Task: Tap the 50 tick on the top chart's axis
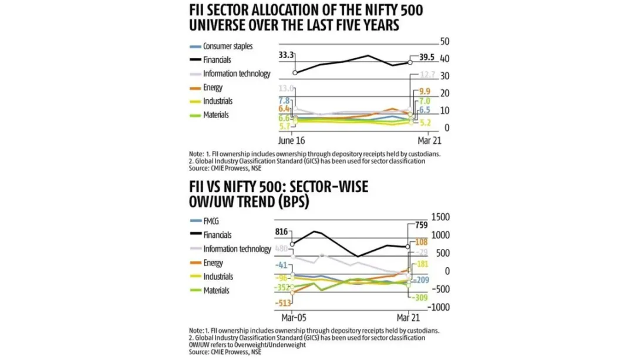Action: point(444,42)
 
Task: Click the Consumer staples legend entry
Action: point(227,46)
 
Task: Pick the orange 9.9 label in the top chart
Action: point(424,91)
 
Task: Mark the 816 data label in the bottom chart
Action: point(282,232)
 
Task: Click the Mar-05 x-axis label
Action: point(292,317)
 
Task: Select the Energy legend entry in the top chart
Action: point(213,88)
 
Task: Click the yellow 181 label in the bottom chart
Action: point(422,265)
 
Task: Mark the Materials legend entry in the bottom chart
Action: point(215,290)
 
